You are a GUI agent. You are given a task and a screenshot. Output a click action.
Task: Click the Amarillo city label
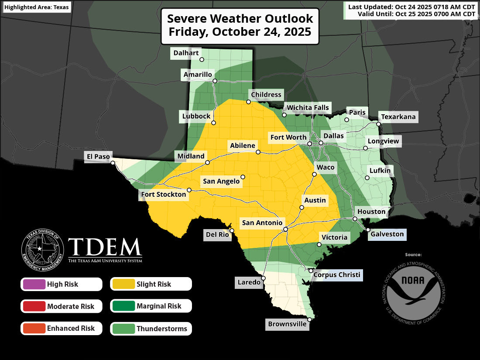[x=198, y=75]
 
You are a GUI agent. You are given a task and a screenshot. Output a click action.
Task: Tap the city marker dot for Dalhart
[x=202, y=60]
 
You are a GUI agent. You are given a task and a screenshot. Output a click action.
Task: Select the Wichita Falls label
[x=307, y=108]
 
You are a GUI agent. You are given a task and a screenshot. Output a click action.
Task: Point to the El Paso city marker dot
[x=113, y=163]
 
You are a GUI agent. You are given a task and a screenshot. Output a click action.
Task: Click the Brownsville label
[x=287, y=324]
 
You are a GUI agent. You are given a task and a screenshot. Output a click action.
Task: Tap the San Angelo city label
[x=221, y=181]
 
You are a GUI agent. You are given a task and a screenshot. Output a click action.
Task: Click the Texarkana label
[x=398, y=117]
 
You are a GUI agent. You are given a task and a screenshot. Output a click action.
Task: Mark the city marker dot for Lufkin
[x=367, y=178]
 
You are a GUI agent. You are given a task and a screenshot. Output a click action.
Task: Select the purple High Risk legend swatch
[x=33, y=285]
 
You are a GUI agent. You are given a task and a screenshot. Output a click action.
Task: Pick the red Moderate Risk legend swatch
[x=33, y=306]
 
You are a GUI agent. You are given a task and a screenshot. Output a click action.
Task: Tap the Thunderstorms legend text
[x=161, y=329]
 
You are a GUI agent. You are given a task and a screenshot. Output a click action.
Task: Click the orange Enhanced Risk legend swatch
[x=33, y=329]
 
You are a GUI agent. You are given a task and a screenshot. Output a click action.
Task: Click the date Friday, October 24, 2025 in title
[x=240, y=32]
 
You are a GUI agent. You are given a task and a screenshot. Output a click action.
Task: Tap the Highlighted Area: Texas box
[x=36, y=7]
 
